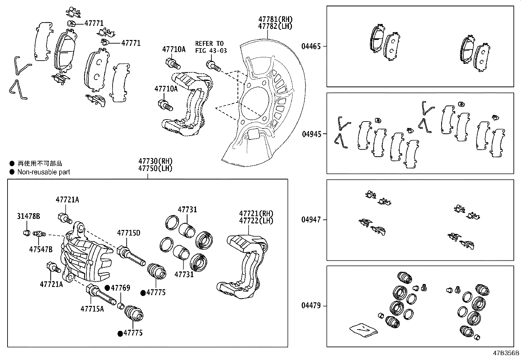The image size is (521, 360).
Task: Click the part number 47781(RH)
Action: [x=275, y=19]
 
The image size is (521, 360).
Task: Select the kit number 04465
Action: [x=311, y=47]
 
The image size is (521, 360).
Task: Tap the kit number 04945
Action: [x=311, y=134]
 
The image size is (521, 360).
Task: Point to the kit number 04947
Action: [x=311, y=220]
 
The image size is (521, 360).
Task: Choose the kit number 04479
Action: [x=311, y=306]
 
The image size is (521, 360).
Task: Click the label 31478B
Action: [x=28, y=216]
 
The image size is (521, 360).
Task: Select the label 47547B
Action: [x=41, y=249]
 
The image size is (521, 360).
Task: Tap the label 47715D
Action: [x=129, y=233]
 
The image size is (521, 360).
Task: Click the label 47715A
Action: [x=92, y=309]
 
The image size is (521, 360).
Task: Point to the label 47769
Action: [x=120, y=288]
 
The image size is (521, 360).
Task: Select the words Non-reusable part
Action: [x=44, y=172]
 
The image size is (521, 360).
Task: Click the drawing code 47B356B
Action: [x=506, y=353]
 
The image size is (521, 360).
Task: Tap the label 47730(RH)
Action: [x=155, y=161]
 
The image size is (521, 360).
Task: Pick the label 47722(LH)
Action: [x=256, y=220]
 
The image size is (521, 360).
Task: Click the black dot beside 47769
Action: [x=107, y=288]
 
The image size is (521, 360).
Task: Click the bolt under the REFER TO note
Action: [x=213, y=65]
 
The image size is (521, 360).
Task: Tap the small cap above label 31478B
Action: [x=26, y=233]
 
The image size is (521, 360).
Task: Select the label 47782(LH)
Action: [x=275, y=27]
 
